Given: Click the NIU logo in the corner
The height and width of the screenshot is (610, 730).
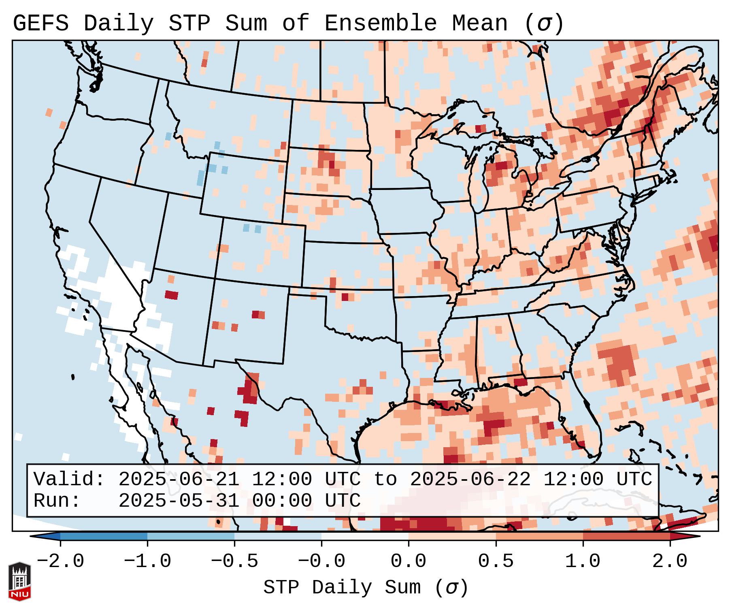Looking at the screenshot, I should click(19, 581).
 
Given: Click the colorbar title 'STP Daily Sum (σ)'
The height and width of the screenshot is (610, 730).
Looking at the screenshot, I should click(366, 588).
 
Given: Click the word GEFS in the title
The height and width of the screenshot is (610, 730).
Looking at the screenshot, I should click(40, 23).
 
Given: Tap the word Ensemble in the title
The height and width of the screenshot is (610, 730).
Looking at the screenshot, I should click(380, 23).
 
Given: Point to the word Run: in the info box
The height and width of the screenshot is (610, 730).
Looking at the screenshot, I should click(57, 501).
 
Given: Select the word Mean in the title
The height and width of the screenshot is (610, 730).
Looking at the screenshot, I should click(479, 23).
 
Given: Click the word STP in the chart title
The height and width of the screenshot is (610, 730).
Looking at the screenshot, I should click(189, 23).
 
